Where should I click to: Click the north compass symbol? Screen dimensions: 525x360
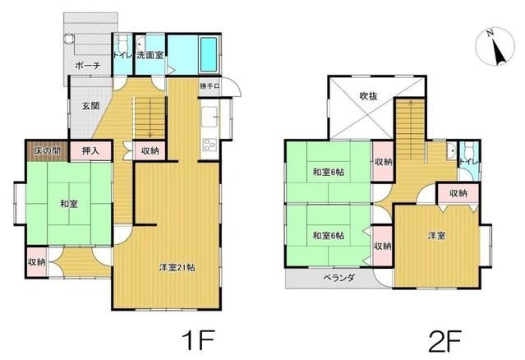tap(495, 46)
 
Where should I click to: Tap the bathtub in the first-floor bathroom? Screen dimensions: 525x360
tap(208, 54)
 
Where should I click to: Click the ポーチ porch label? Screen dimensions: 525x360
tap(87, 65)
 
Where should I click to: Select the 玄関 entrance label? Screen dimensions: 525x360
tap(90, 106)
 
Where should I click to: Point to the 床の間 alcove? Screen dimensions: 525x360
tap(47, 151)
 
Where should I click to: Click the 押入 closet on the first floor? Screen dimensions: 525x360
tap(90, 151)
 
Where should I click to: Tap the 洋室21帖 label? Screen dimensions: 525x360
tap(177, 268)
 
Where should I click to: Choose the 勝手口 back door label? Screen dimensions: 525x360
tap(210, 86)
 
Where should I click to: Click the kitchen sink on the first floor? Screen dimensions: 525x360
tap(210, 117)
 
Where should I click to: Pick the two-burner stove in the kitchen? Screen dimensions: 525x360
tap(210, 145)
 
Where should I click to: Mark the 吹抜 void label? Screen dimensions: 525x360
tap(368, 96)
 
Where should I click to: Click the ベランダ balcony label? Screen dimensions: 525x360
tap(338, 278)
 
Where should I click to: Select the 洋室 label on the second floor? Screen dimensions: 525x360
tap(436, 236)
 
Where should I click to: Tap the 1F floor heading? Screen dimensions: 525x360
tap(197, 339)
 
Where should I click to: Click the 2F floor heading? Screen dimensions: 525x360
tap(445, 341)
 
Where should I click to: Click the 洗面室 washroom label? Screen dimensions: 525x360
tap(150, 55)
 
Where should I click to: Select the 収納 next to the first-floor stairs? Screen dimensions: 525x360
tap(150, 150)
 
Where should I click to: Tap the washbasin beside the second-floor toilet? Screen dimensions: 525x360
tap(452, 151)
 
